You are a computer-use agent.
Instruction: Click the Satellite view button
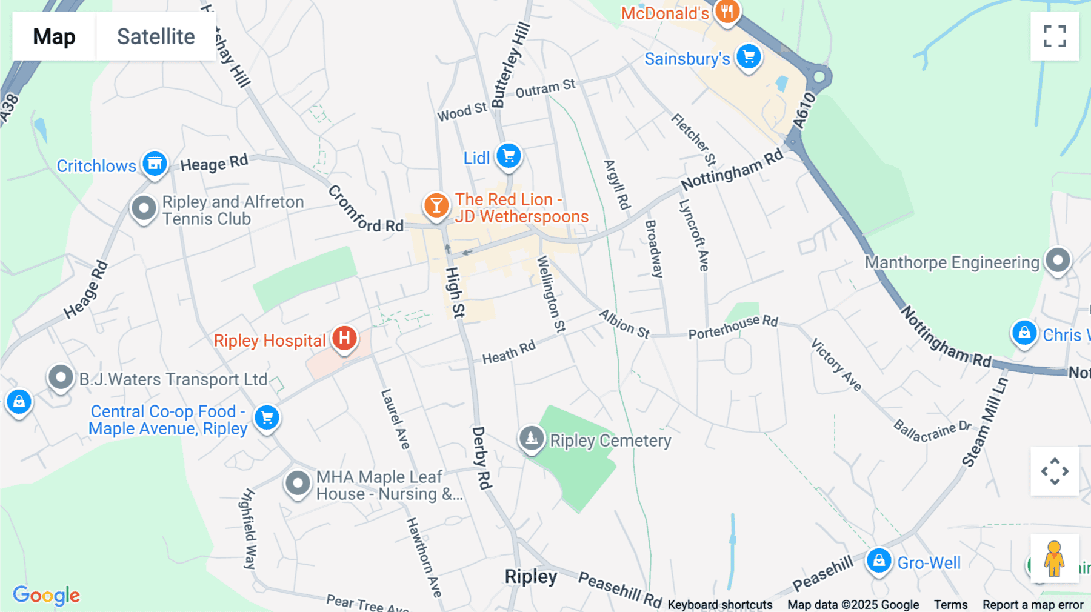coord(156,36)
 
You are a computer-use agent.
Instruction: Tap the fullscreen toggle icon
coord(1055,36)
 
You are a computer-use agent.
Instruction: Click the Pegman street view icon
coord(1055,559)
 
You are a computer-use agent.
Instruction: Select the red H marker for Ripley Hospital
coord(344,338)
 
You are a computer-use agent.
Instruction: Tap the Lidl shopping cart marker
coord(509,156)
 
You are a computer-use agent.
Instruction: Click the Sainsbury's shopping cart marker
coord(749,57)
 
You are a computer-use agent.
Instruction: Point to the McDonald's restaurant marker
coord(727,12)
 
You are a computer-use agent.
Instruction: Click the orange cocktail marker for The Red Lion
coord(436,205)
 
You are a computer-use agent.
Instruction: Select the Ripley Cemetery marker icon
coord(532,437)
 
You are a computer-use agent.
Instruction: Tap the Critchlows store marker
coord(155,164)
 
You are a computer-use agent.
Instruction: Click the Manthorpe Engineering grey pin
coord(1058,261)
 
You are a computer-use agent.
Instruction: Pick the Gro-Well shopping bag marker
coord(879,561)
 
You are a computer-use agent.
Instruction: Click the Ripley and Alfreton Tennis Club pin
coord(144,208)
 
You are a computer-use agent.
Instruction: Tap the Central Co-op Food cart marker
coord(267,417)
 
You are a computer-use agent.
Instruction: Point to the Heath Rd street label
coord(509,352)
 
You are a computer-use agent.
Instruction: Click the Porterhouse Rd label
coord(733,327)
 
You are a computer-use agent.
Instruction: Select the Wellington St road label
coord(551,294)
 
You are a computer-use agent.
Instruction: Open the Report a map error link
coord(1033,605)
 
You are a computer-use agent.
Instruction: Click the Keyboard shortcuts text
coord(720,605)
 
